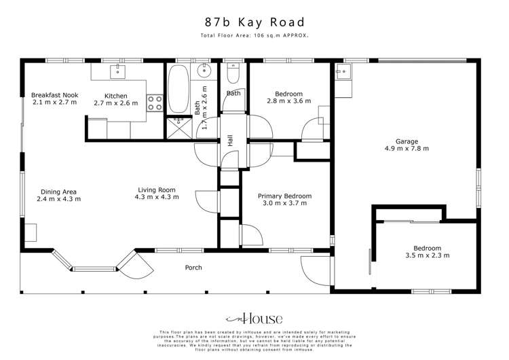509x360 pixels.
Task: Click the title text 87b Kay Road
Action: (x=254, y=22)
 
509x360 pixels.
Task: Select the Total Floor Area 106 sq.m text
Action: (x=254, y=35)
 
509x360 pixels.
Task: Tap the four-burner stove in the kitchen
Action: (x=154, y=103)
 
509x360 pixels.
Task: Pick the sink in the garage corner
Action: (x=341, y=82)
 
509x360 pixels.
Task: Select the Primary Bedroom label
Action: (x=285, y=195)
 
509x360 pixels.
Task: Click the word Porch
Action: (x=193, y=268)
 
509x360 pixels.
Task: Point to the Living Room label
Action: (x=157, y=190)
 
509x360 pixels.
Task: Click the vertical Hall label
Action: (x=230, y=140)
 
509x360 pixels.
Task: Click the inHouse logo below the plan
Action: (x=254, y=318)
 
